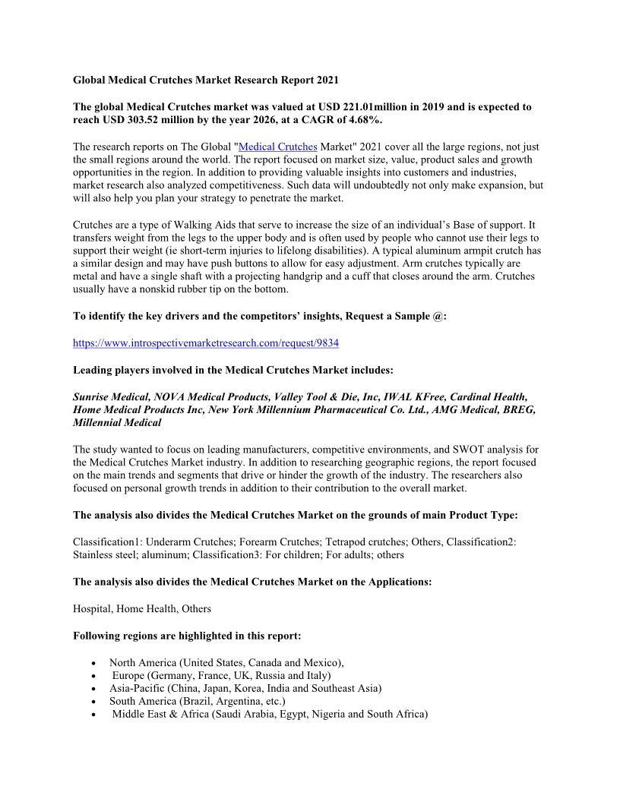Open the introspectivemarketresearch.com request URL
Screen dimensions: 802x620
tap(206, 343)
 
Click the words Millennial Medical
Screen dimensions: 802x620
tap(117, 423)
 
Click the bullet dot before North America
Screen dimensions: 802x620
tap(93, 663)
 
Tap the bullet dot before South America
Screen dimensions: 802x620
tap(93, 702)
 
